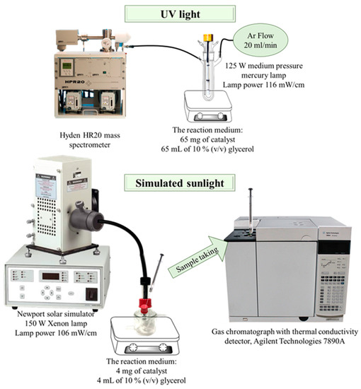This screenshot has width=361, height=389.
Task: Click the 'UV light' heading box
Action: coord(183,14)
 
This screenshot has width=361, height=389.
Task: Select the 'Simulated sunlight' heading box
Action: coord(181,185)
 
